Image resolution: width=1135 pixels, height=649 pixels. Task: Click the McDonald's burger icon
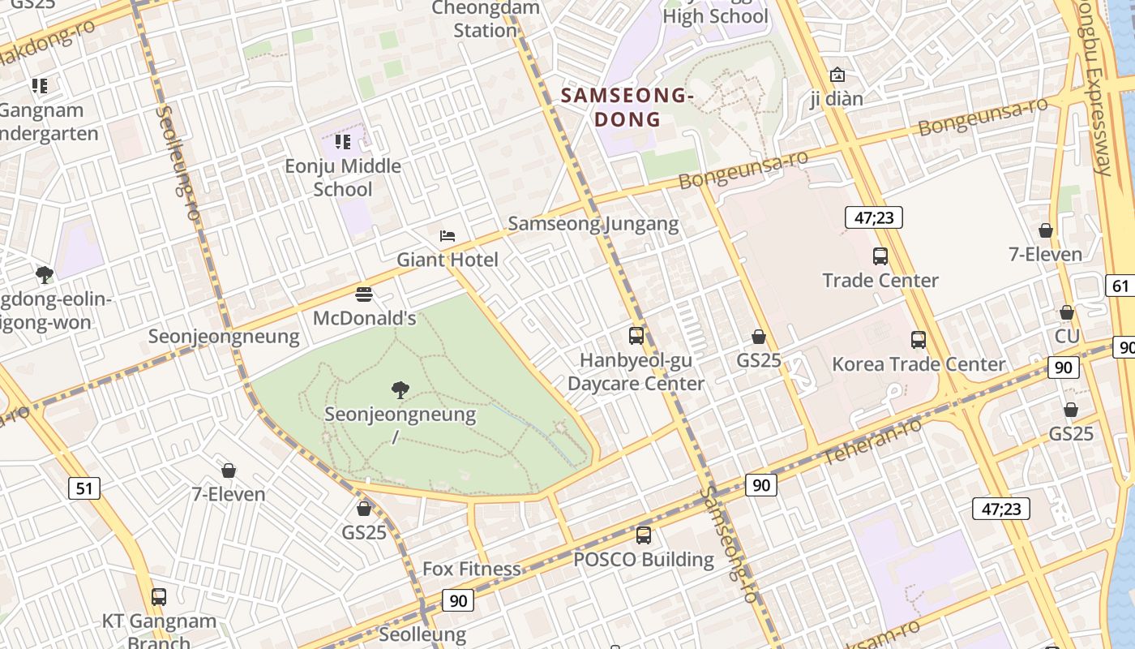tap(364, 294)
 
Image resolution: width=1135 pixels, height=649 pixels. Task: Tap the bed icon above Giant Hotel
tap(447, 236)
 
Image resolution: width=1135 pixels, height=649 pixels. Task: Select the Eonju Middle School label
tap(343, 178)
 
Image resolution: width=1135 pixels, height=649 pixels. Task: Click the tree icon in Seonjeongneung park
tap(400, 390)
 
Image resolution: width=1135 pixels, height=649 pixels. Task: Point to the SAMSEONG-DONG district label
tap(627, 107)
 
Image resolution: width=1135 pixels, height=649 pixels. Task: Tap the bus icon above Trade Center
tap(880, 256)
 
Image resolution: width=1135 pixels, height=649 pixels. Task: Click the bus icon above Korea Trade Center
tap(919, 340)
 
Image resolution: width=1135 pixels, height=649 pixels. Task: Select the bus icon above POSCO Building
tap(644, 535)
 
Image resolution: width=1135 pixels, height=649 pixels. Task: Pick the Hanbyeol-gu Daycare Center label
tap(636, 372)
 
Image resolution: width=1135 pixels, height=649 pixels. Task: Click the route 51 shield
tap(85, 488)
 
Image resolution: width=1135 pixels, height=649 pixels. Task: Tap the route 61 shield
tap(1120, 286)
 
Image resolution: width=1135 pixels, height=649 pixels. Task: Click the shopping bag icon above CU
tap(1067, 312)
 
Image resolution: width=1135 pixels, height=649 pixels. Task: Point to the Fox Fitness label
tap(471, 569)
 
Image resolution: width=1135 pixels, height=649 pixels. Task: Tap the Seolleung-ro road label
tap(177, 163)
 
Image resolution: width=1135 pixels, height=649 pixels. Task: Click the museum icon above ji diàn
tap(837, 75)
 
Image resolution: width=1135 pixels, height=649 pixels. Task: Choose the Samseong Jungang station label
tap(593, 224)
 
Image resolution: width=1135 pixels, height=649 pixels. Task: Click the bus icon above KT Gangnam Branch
tap(159, 597)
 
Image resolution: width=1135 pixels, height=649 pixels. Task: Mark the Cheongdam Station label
tap(485, 19)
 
